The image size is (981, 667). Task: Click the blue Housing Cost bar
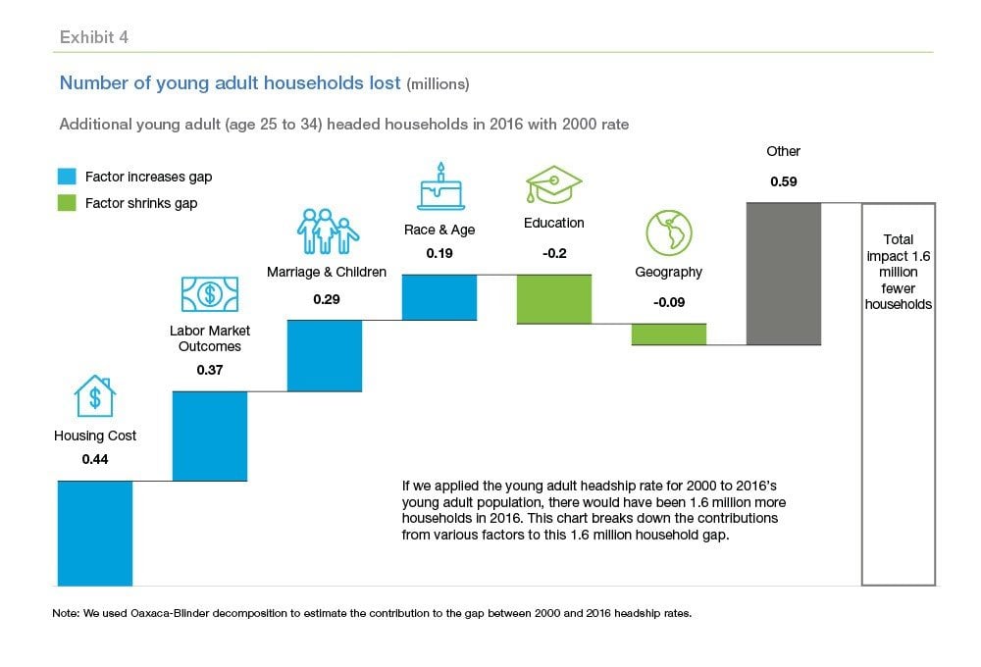pyautogui.click(x=95, y=533)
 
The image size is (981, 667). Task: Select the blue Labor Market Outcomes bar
pyautogui.click(x=210, y=436)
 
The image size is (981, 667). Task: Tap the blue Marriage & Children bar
pyautogui.click(x=325, y=355)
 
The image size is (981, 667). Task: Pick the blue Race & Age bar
pyautogui.click(x=439, y=297)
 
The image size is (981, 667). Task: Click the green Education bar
pyautogui.click(x=554, y=299)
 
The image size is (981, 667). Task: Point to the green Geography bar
pyautogui.click(x=669, y=334)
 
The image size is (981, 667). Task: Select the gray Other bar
pyautogui.click(x=784, y=274)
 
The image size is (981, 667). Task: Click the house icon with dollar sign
pyautogui.click(x=95, y=395)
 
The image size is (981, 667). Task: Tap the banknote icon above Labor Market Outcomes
pyautogui.click(x=210, y=292)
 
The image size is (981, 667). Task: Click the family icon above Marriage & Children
pyautogui.click(x=327, y=232)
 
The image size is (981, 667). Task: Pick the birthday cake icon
pyautogui.click(x=440, y=187)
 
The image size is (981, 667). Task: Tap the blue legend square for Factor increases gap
pyautogui.click(x=68, y=178)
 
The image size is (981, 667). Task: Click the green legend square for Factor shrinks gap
pyautogui.click(x=68, y=203)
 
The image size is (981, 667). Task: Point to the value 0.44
pyautogui.click(x=95, y=458)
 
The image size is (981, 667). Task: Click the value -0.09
pyautogui.click(x=669, y=301)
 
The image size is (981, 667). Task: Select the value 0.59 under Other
pyautogui.click(x=784, y=181)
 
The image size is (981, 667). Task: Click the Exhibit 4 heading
pyautogui.click(x=94, y=38)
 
